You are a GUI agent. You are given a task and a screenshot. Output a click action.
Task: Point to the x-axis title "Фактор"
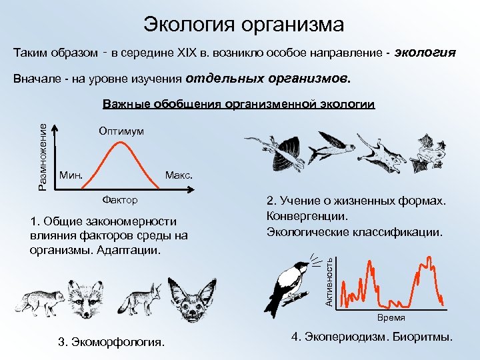pyautogui.click(x=120, y=199)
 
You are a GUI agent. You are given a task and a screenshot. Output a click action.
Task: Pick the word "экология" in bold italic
pyautogui.click(x=425, y=53)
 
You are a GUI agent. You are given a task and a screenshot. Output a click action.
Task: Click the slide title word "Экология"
pyautogui.click(x=183, y=25)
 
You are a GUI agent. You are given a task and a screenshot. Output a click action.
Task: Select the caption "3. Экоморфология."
pyautogui.click(x=111, y=342)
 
